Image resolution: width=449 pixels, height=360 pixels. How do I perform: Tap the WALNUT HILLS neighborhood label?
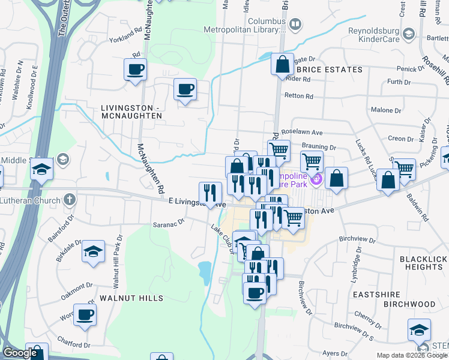click(131, 298)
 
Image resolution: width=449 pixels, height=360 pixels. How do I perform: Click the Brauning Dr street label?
click(319, 146)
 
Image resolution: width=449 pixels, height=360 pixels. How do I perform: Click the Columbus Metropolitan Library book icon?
click(295, 25)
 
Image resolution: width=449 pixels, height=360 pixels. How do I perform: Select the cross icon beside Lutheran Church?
click(70, 199)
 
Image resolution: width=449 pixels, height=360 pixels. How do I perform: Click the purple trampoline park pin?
click(318, 179)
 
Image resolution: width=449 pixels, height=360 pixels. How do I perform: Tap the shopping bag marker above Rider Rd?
click(282, 64)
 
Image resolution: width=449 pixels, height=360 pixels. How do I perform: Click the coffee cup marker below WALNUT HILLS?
click(85, 314)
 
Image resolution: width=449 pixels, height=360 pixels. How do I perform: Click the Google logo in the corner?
click(20, 353)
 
